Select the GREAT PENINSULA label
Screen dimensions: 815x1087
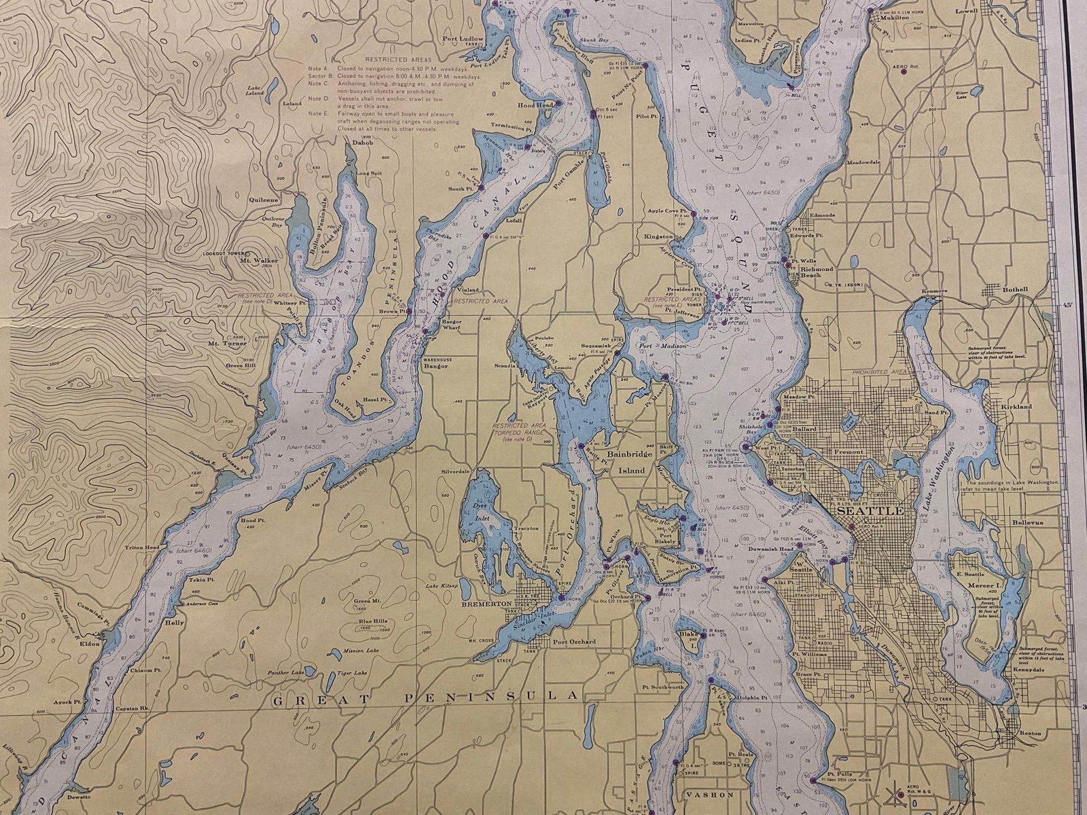point(424,697)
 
